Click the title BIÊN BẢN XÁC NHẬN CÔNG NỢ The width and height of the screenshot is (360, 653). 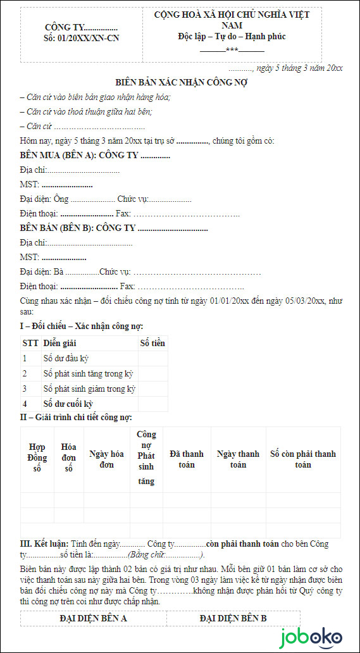(x=181, y=82)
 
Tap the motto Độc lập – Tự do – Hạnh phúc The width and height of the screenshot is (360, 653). (x=232, y=37)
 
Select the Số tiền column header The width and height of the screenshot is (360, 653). (x=152, y=343)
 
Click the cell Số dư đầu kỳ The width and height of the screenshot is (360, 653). (x=66, y=358)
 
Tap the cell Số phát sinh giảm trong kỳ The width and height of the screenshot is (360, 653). (x=89, y=389)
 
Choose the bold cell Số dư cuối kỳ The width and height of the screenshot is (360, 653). (x=68, y=404)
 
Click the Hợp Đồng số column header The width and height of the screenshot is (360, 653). (x=37, y=459)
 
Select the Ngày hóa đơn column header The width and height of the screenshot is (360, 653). (x=106, y=459)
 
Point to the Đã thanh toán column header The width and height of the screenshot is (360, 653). (x=187, y=459)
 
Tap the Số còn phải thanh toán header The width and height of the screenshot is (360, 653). (x=302, y=459)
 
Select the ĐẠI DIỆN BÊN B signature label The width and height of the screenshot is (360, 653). (x=233, y=618)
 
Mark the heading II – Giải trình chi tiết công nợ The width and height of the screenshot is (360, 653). (x=77, y=417)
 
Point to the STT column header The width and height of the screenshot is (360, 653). (x=30, y=343)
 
